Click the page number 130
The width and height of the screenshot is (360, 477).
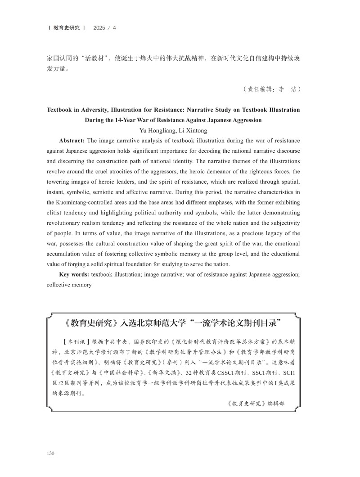[x=51, y=452]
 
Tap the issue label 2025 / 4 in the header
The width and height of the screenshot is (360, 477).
[x=104, y=28]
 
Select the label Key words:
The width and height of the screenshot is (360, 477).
[x=74, y=274]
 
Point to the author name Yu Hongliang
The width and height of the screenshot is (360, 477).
[x=159, y=131]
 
